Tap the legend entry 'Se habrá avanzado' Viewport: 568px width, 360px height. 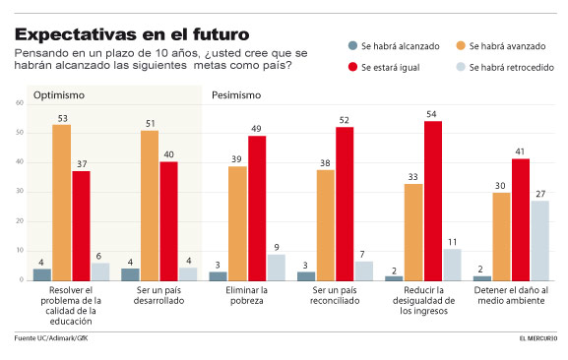pyautogui.click(x=502, y=46)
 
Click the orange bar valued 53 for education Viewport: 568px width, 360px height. pyautogui.click(x=62, y=203)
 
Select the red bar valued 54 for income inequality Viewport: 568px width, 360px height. pyautogui.click(x=433, y=202)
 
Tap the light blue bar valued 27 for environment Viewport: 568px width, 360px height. pyautogui.click(x=539, y=241)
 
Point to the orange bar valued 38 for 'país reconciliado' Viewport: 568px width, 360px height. pyautogui.click(x=326, y=225)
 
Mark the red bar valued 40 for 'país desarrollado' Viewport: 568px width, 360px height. pyautogui.click(x=168, y=221)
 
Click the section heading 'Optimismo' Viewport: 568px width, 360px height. pyautogui.click(x=60, y=95)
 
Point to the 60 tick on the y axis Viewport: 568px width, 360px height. pyautogui.click(x=20, y=103)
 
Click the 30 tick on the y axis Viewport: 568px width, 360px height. pyautogui.click(x=20, y=192)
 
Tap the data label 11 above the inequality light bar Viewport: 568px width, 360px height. pyautogui.click(x=452, y=241)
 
